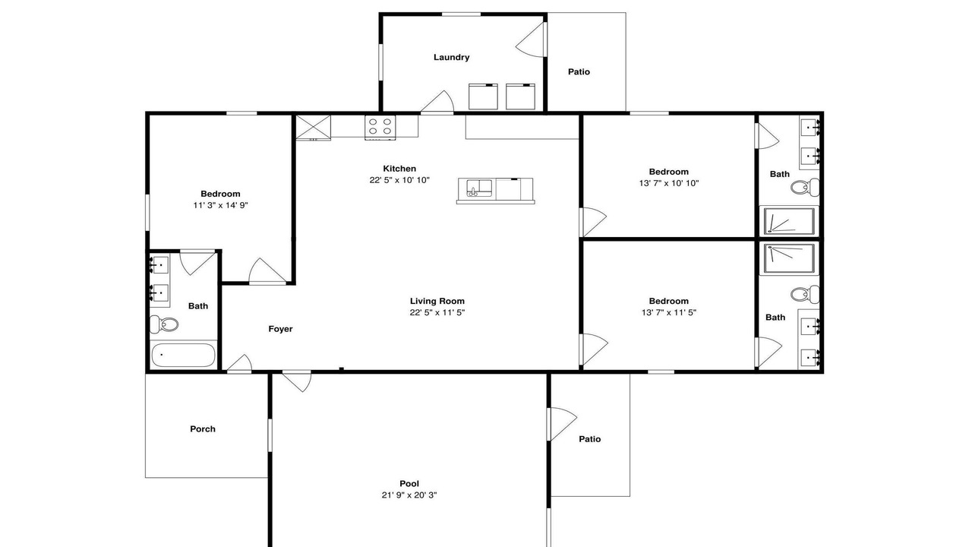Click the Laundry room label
451,57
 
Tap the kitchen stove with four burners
380,127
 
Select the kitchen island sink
479,188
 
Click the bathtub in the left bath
183,355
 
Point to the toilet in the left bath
164,324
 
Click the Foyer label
280,329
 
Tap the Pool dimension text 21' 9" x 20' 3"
409,495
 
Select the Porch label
203,429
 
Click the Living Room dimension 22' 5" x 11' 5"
437,312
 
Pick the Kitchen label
399,169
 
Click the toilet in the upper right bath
805,188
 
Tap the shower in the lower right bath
789,258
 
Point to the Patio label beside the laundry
579,71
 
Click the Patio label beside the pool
590,439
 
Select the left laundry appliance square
483,96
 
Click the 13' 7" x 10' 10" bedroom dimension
669,183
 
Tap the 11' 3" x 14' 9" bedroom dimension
220,205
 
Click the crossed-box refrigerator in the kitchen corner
313,128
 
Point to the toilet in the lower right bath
805,294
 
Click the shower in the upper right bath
789,221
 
